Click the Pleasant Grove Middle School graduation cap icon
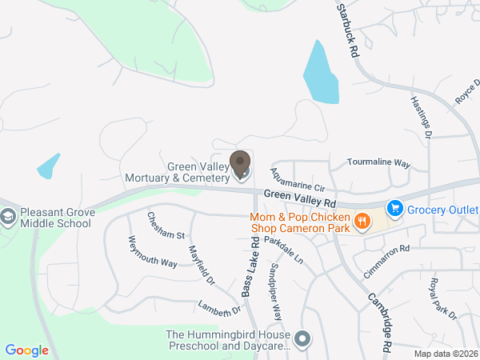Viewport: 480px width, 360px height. click(x=8, y=217)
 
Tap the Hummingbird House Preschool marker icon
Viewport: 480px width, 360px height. click(x=302, y=339)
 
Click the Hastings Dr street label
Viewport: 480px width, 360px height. click(x=421, y=118)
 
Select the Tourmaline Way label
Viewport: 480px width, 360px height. click(x=378, y=162)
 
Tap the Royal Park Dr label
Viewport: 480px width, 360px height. click(x=442, y=298)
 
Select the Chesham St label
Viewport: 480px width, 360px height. click(x=166, y=225)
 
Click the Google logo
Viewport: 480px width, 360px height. click(x=26, y=350)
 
